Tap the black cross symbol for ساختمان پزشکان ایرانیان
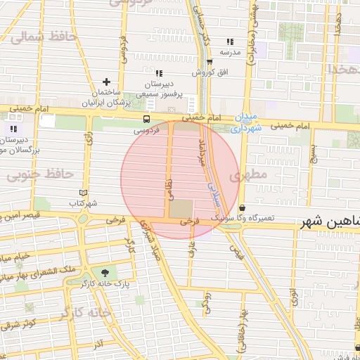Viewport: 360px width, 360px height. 107,82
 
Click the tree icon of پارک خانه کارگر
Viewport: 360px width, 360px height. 105,273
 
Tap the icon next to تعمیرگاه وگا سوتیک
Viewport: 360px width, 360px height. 243,208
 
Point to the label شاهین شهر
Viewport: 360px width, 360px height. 330,222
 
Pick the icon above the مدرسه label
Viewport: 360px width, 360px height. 230,41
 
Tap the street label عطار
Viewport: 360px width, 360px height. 192,245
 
